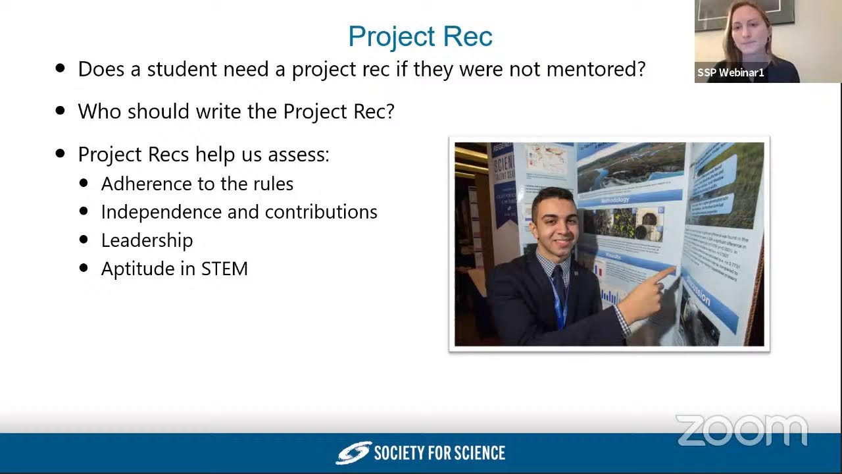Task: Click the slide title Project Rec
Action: [420, 36]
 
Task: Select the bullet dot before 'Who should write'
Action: [61, 111]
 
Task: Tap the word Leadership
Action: [147, 240]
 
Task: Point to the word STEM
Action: [224, 269]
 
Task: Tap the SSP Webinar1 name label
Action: [731, 72]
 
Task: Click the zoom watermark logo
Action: [741, 431]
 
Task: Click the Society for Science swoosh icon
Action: [353, 453]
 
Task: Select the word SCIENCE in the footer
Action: [476, 453]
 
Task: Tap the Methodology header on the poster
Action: [616, 199]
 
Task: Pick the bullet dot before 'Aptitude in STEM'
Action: [84, 268]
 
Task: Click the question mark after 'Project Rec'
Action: [390, 111]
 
